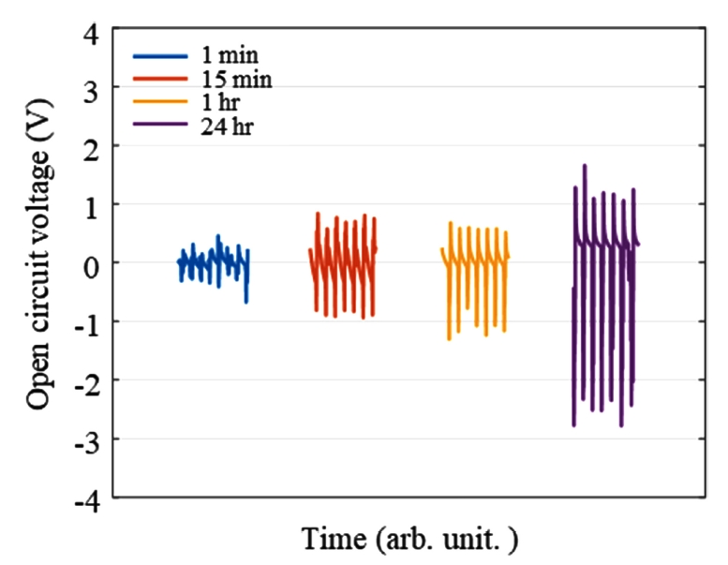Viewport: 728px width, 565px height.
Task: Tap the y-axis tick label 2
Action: coord(90,146)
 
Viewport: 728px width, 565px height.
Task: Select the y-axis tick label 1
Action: coord(90,204)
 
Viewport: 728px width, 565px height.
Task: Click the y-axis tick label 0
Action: coord(90,263)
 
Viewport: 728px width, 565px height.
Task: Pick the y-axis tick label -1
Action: coord(85,321)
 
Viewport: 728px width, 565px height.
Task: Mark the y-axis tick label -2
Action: coord(85,380)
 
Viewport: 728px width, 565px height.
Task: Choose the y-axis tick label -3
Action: coord(85,439)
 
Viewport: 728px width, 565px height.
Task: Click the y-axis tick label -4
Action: coord(85,498)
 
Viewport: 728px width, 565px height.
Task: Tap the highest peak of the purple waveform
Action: coord(585,166)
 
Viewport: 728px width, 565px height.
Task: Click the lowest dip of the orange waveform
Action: coord(450,339)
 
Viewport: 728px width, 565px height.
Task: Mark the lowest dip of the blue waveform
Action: coord(246,302)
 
